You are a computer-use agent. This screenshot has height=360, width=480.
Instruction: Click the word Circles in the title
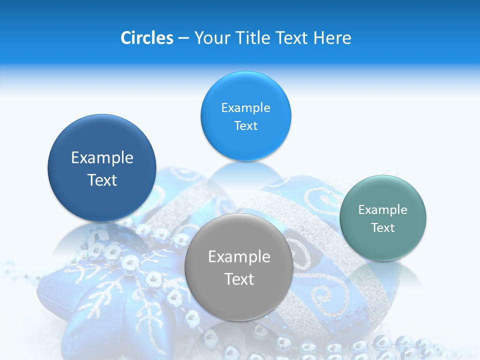pyautogui.click(x=146, y=38)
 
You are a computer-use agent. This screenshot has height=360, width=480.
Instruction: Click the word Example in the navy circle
pyautogui.click(x=102, y=158)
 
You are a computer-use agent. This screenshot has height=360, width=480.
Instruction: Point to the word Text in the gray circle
pyautogui.click(x=239, y=279)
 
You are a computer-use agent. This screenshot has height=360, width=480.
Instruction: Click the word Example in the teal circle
pyautogui.click(x=382, y=210)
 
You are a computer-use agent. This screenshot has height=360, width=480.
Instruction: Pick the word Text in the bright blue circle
pyautogui.click(x=245, y=126)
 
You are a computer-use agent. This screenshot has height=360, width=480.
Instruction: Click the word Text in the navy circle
pyautogui.click(x=102, y=180)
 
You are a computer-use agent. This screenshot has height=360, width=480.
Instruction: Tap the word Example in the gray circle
pyautogui.click(x=239, y=257)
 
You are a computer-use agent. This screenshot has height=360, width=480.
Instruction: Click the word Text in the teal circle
pyautogui.click(x=382, y=228)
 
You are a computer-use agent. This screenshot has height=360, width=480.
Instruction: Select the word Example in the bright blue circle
pyautogui.click(x=245, y=108)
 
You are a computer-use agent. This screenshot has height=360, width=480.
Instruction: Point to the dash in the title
pyautogui.click(x=183, y=38)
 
